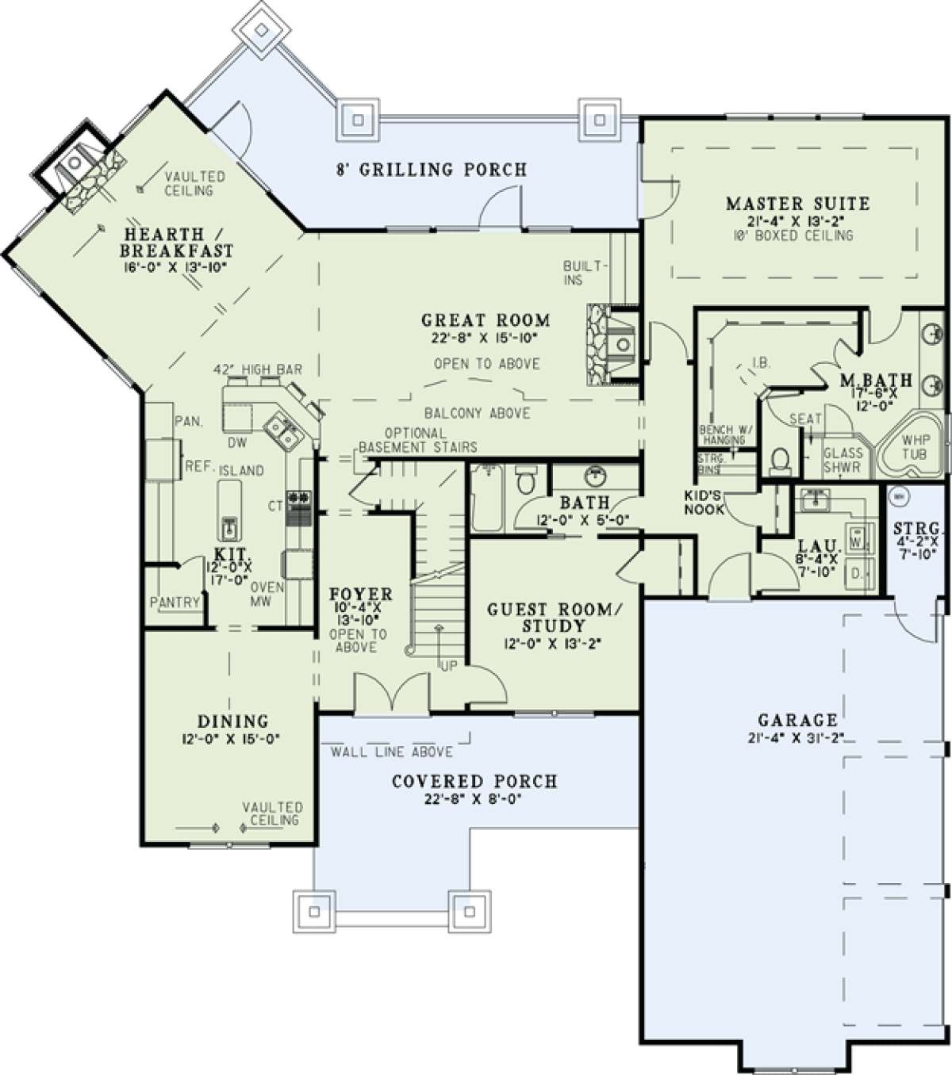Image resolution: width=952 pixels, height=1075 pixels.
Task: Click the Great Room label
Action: click(486, 320)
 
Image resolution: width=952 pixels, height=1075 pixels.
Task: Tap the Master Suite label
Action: click(797, 204)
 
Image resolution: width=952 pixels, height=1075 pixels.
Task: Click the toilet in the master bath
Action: click(780, 460)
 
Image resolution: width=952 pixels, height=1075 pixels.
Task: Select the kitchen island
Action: click(228, 511)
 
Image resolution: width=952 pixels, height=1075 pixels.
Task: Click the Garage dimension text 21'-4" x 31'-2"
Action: click(797, 738)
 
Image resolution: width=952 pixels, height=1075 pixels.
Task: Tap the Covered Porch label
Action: click(474, 782)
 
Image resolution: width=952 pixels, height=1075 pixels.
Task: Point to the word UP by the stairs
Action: click(449, 666)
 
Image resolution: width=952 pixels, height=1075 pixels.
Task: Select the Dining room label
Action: click(233, 721)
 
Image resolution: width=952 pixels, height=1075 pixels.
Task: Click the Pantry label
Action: click(175, 603)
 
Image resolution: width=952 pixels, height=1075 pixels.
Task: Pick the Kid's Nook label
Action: click(704, 503)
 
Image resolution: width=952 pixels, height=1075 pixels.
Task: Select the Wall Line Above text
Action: click(392, 752)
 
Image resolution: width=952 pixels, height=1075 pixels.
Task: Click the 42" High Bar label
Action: click(258, 369)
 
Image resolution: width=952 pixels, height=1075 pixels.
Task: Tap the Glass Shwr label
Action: click(843, 460)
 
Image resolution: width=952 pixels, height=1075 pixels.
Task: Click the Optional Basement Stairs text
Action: click(418, 441)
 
